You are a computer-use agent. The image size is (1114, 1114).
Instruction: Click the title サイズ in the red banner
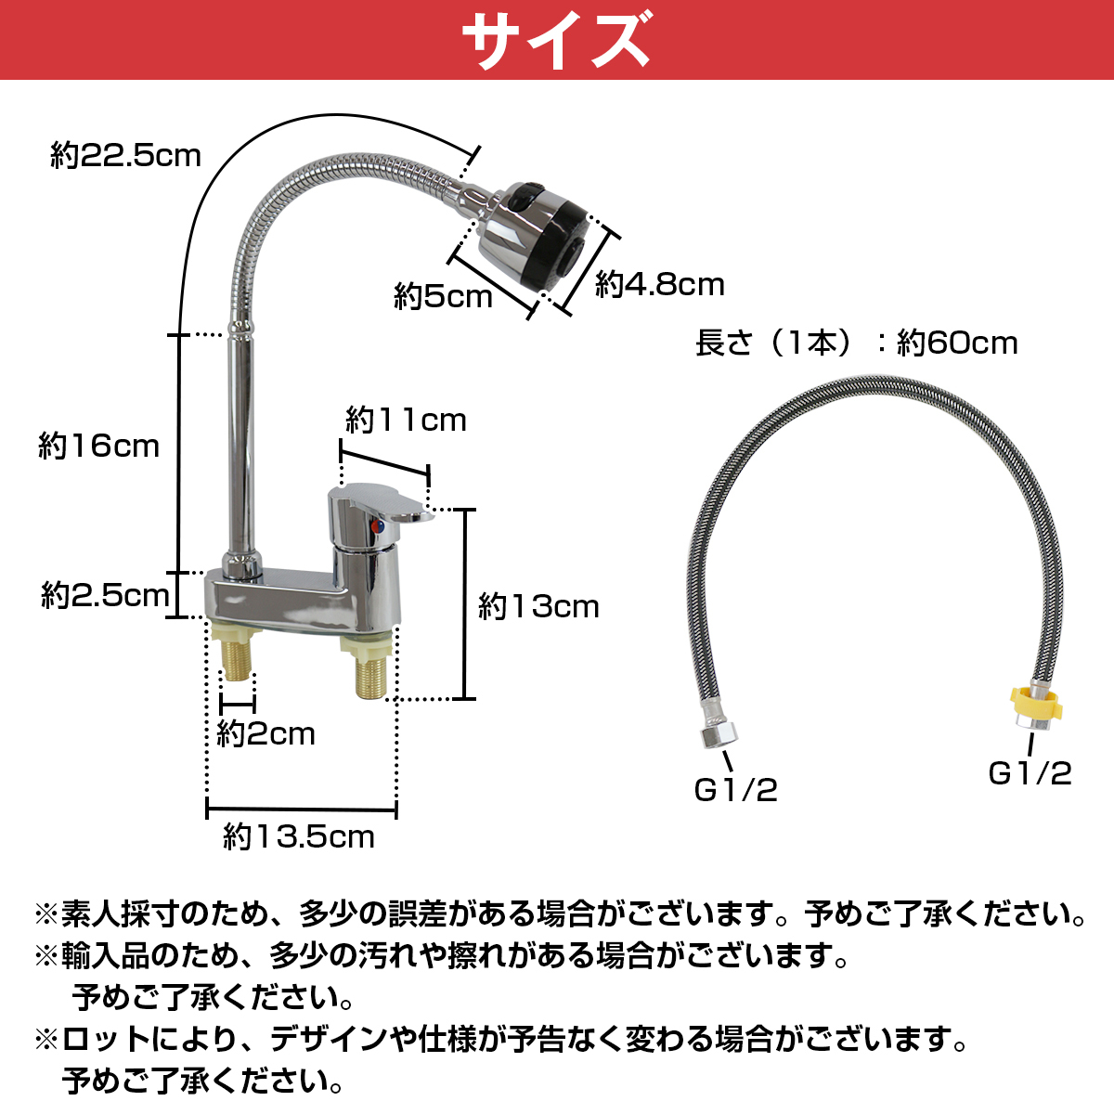point(557,40)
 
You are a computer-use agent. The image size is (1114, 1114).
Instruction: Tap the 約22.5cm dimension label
point(125,156)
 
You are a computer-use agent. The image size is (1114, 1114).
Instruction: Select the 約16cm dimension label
point(98,446)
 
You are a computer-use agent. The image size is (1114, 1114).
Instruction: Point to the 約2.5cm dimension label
point(105,595)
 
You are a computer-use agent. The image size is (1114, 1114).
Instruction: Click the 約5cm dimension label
point(443,296)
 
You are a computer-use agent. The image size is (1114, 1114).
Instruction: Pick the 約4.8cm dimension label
point(660,284)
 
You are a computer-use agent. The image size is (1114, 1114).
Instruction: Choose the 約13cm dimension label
point(538,606)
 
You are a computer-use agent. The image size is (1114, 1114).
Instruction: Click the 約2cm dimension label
point(266,734)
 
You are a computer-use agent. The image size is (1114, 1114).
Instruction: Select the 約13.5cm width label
point(299,836)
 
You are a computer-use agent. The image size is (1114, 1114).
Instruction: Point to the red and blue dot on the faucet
point(377,526)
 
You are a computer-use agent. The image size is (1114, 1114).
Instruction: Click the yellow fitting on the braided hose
point(1035,701)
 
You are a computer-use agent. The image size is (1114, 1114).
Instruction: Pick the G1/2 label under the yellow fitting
point(1030,773)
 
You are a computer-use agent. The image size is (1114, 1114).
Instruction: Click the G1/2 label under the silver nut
point(736,790)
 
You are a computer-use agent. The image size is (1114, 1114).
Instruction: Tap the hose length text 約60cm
point(957,343)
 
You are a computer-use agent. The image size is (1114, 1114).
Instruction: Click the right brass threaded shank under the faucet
point(371,676)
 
